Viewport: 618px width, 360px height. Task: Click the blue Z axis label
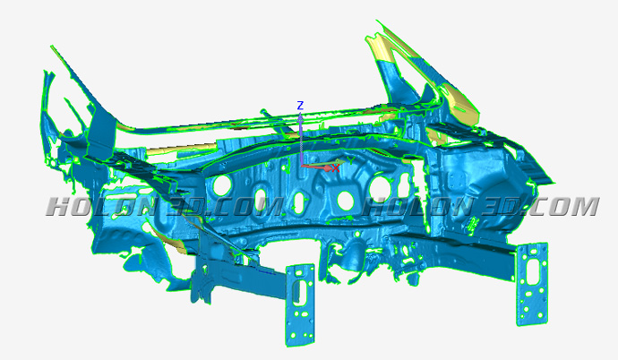tap(300, 106)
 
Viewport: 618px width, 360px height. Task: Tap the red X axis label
tap(335, 168)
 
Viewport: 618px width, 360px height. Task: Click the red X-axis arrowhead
tap(329, 167)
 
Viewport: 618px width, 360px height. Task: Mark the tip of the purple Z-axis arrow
tap(300, 113)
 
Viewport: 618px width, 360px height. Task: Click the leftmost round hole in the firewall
tap(223, 185)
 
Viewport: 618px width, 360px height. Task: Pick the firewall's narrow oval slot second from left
tap(261, 199)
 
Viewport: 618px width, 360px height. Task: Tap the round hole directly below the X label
tap(345, 200)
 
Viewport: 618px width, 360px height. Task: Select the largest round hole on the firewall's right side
tap(380, 188)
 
